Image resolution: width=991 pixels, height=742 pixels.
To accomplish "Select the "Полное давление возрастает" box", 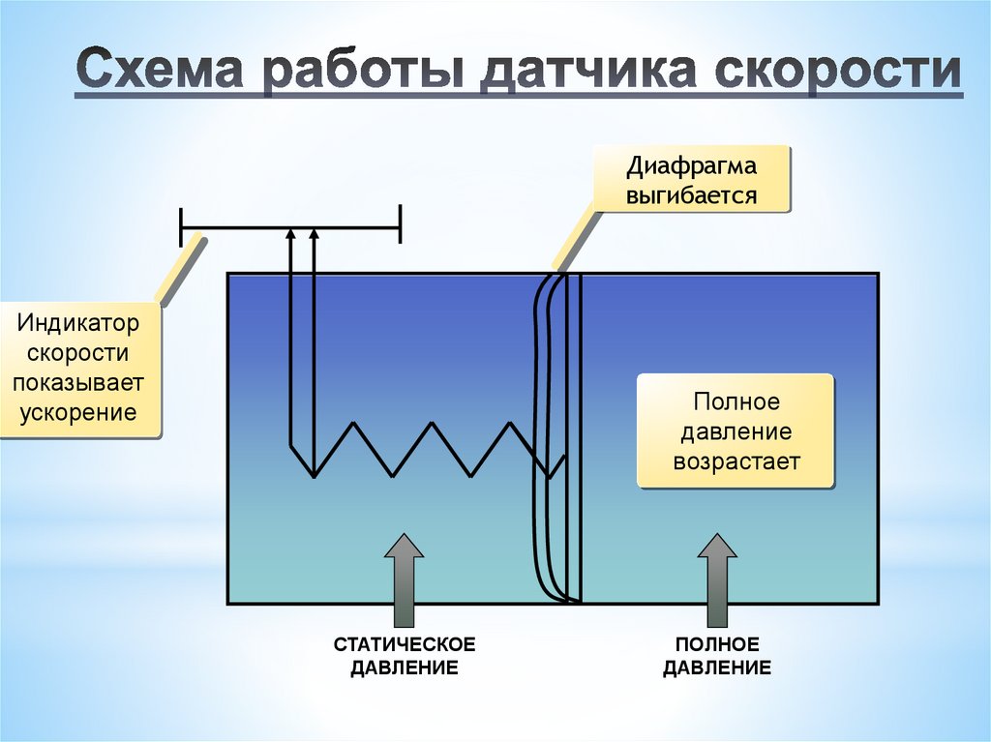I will pos(735,430).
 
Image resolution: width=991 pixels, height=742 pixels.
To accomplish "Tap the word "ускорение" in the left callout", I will pos(78,413).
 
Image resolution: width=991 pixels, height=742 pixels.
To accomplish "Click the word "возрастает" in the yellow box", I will pos(736,461).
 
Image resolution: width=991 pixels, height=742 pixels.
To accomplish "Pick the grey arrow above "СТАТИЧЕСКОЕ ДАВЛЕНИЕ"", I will pos(404,580).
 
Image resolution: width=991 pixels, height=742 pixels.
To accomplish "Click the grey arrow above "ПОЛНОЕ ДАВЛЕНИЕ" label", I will pos(717,580).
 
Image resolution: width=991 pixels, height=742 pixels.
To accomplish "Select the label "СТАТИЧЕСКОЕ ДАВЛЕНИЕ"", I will pos(404,656).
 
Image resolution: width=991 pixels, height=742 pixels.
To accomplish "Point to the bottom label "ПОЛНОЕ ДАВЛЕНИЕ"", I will pos(717,656).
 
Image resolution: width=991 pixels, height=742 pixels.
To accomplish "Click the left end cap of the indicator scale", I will pos(181,228).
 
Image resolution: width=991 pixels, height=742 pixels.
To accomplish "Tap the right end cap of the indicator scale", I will pos(399,228).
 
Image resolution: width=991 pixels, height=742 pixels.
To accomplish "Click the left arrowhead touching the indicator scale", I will pos(291,233).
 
